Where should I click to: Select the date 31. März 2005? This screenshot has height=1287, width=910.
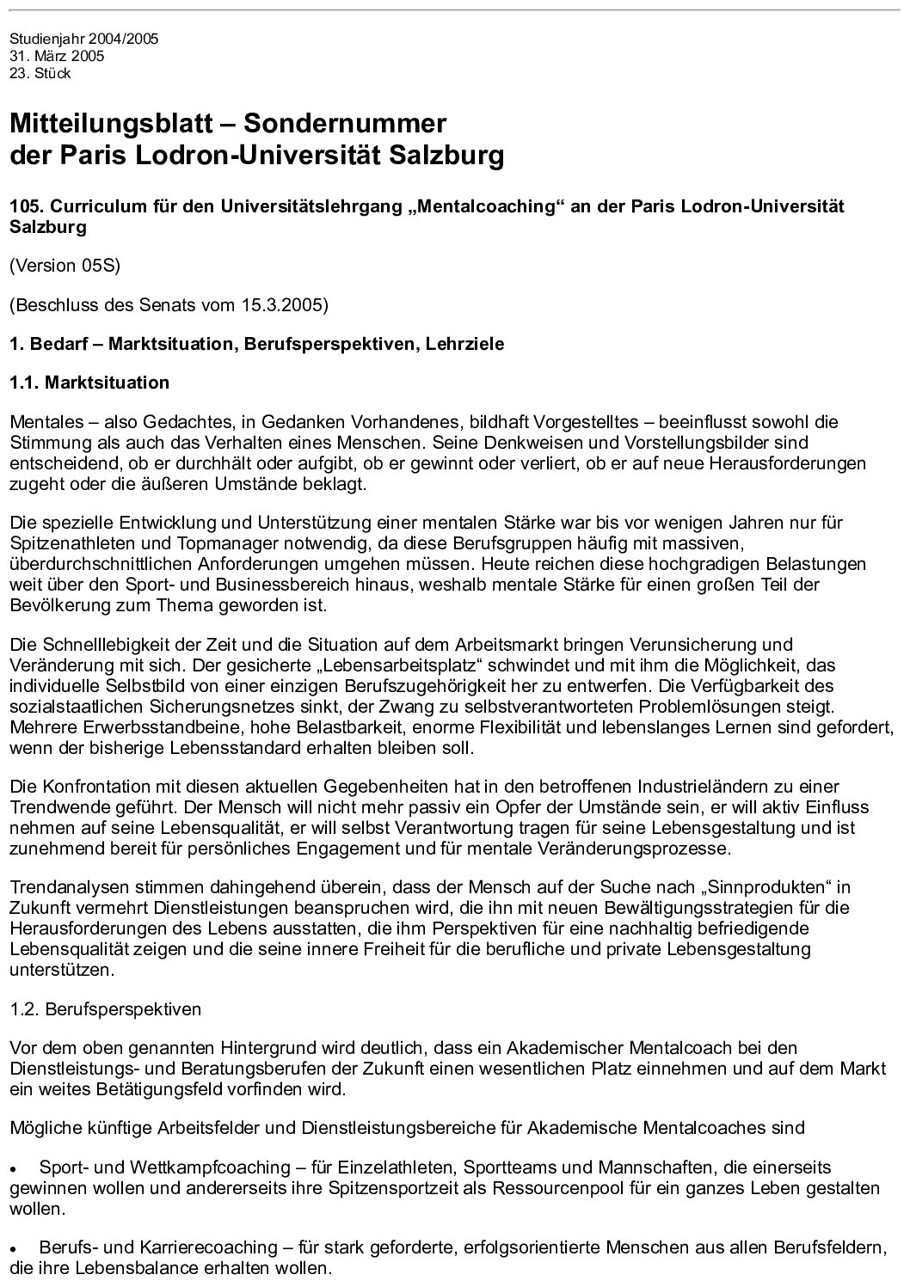[x=57, y=57]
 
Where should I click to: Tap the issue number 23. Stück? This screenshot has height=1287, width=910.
[x=40, y=74]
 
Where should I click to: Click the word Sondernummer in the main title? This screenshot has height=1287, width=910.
[x=345, y=124]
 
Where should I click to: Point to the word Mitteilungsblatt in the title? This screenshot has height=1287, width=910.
[x=111, y=124]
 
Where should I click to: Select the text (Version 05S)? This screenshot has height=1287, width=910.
[x=65, y=266]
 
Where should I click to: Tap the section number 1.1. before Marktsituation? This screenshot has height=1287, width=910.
[x=26, y=383]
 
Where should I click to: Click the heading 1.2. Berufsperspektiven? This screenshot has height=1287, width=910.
[x=105, y=1009]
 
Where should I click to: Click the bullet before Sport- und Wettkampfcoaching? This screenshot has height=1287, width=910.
[x=15, y=1170]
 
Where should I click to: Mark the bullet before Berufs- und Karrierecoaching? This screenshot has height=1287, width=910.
[x=15, y=1248]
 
